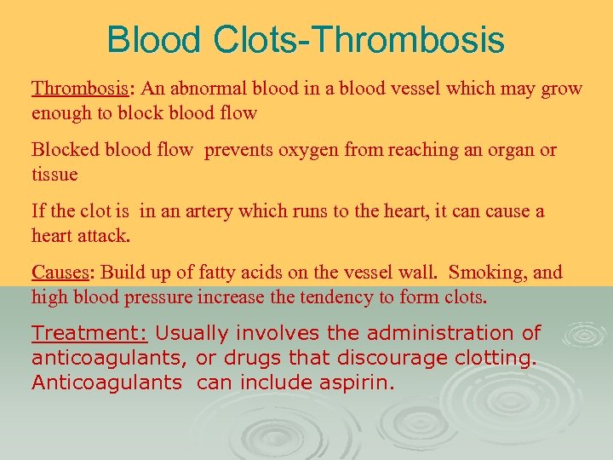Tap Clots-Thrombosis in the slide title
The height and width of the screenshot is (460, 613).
tap(358, 40)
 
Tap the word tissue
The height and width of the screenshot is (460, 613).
tap(54, 175)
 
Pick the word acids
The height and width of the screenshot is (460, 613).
tap(273, 273)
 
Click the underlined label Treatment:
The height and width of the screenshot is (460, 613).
tap(89, 333)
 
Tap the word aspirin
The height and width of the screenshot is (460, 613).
tap(358, 383)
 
